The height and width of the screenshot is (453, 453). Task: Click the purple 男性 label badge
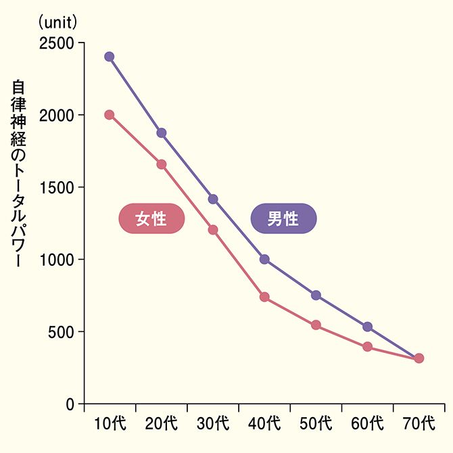[283, 219]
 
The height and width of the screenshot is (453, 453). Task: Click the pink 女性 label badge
[151, 219]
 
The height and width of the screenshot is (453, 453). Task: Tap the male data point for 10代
[110, 57]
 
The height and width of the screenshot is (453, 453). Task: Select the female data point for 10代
[110, 115]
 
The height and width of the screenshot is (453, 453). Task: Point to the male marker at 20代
[162, 133]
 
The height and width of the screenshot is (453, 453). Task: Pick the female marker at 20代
[162, 164]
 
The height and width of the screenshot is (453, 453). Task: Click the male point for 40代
[264, 259]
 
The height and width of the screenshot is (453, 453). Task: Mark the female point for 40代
[264, 297]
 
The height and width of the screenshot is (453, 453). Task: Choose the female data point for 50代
[316, 325]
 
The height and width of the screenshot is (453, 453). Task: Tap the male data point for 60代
[367, 327]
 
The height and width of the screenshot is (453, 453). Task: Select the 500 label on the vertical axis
[63, 332]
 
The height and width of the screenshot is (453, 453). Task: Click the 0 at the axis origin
[70, 404]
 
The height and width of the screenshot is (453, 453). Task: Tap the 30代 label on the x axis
[213, 425]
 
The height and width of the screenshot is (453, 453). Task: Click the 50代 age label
[316, 425]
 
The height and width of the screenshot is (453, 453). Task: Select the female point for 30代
[213, 230]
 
